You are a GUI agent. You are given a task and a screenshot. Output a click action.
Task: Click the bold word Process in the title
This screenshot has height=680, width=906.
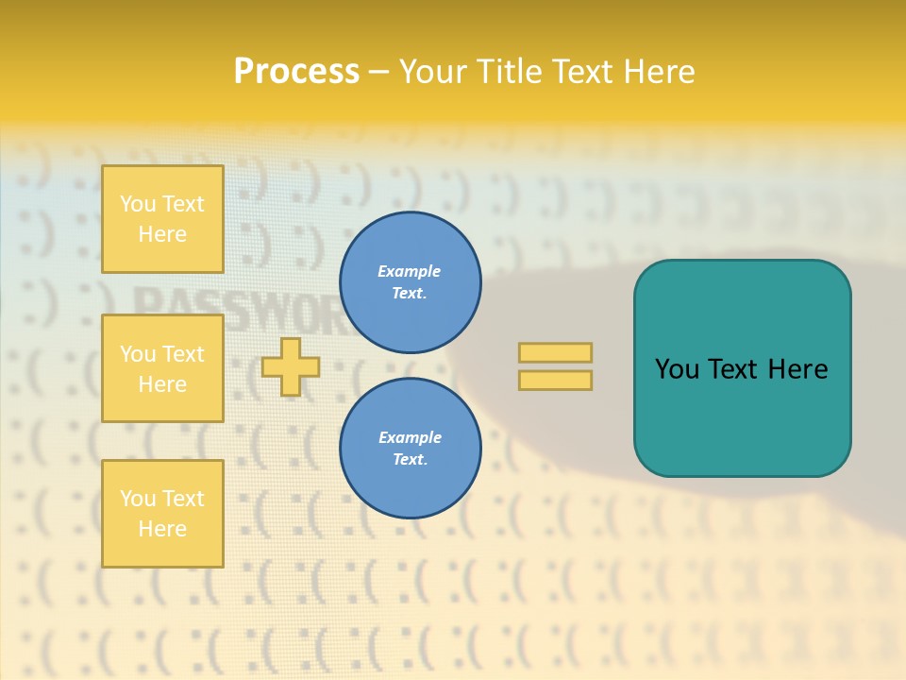click(x=296, y=72)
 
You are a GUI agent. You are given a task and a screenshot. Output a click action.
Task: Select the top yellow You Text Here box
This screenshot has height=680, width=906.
click(x=162, y=219)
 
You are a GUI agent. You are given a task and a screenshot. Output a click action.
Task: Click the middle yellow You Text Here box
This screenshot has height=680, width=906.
click(x=162, y=368)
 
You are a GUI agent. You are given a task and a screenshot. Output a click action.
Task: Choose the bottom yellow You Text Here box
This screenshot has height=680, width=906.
click(x=162, y=514)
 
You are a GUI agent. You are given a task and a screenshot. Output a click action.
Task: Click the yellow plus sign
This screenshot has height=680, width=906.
click(x=291, y=366)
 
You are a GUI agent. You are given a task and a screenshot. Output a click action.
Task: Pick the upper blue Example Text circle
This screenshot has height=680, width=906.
click(x=410, y=282)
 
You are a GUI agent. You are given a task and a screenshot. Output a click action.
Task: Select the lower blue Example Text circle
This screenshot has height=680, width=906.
click(x=410, y=449)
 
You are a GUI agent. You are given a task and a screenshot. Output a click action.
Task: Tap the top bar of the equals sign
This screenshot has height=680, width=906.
click(x=555, y=352)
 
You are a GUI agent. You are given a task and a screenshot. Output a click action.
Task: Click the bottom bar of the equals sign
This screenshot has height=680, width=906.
click(x=555, y=380)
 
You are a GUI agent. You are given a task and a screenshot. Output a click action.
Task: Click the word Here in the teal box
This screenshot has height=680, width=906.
click(x=797, y=369)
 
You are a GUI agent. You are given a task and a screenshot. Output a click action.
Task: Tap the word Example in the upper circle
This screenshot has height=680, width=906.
click(x=410, y=271)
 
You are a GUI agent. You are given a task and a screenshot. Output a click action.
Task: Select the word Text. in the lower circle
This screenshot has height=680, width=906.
click(x=410, y=460)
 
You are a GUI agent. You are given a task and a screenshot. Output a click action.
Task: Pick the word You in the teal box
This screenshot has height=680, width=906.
click(x=678, y=369)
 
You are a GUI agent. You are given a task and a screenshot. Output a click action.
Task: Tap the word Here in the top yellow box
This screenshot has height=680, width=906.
click(x=162, y=234)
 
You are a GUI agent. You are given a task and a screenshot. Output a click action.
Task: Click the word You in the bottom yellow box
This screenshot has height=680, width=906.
click(x=138, y=499)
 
